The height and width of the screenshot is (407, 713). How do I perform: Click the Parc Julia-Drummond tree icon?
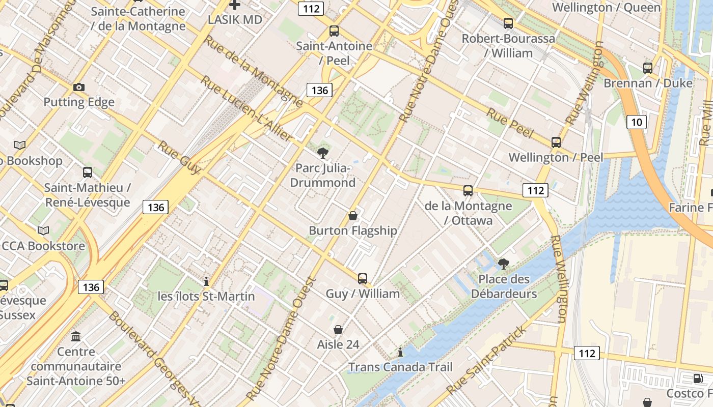[x=322, y=153]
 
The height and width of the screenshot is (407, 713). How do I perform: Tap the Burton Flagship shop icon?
[x=352, y=216]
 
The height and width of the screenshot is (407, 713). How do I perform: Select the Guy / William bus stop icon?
[x=362, y=278]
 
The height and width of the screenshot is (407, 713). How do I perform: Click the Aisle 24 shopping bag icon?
[x=338, y=330]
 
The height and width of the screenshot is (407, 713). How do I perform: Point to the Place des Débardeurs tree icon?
[x=503, y=264]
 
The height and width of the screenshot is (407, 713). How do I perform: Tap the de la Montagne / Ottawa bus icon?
[x=468, y=191]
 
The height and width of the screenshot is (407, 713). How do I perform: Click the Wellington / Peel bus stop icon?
[x=556, y=142]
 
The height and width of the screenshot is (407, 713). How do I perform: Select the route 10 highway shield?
[x=637, y=122]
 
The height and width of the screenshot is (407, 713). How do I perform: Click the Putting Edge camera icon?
[x=78, y=87]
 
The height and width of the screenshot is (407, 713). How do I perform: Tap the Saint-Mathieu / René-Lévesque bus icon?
[x=88, y=172]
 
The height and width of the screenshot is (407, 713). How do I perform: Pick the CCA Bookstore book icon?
[x=43, y=231]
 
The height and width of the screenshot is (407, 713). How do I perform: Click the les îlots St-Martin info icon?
[x=206, y=281]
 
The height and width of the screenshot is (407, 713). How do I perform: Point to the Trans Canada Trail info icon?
[x=400, y=352]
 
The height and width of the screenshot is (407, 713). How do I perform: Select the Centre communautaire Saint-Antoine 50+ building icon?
[x=76, y=336]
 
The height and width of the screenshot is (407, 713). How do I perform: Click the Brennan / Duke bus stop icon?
[x=647, y=68]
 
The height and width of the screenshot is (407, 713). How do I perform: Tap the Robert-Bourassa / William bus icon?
[x=508, y=23]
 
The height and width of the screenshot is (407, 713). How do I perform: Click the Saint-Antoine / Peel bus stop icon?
[x=334, y=31]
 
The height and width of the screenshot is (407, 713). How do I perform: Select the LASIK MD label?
[x=235, y=20]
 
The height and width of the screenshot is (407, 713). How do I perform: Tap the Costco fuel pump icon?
[x=698, y=379]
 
